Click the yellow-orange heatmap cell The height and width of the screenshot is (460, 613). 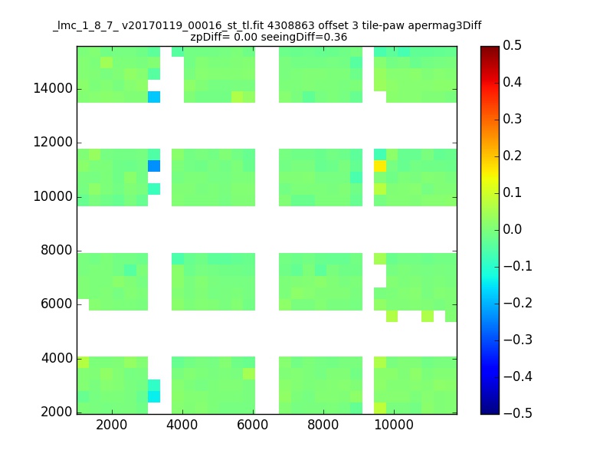click(380, 166)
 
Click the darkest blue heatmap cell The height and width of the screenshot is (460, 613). click(154, 166)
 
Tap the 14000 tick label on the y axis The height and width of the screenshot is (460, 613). click(53, 88)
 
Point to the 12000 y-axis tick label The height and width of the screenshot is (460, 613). click(53, 142)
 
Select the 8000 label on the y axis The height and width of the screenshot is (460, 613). click(57, 250)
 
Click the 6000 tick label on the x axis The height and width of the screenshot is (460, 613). click(253, 425)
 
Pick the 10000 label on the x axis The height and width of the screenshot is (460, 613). click(394, 425)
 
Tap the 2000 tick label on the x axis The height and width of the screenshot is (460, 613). click(112, 425)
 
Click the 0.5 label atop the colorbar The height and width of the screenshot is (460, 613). click(512, 45)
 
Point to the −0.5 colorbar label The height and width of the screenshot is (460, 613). click(518, 413)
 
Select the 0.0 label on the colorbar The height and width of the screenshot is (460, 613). click(512, 229)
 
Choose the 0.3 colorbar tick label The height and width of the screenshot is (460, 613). click(512, 119)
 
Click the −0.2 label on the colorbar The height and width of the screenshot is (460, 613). click(518, 303)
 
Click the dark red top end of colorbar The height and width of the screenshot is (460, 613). click(490, 48)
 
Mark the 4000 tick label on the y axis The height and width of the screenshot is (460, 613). click(57, 358)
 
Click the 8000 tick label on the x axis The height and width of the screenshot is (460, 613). click(323, 425)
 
